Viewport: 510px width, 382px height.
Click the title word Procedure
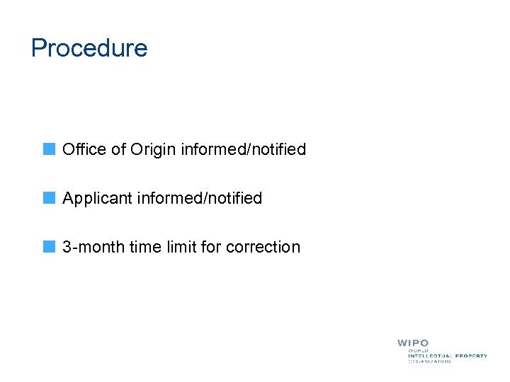pyautogui.click(x=89, y=48)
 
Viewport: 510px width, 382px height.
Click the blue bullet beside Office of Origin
pyautogui.click(x=48, y=149)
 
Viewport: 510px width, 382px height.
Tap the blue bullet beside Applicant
pyautogui.click(x=48, y=198)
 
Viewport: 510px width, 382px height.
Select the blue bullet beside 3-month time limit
pyautogui.click(x=48, y=247)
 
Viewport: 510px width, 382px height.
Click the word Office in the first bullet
pyautogui.click(x=83, y=149)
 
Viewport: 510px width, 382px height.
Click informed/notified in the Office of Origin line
pyautogui.click(x=244, y=149)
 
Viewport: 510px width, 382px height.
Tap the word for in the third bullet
pyautogui.click(x=210, y=247)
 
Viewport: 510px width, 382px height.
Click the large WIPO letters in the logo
pyautogui.click(x=413, y=343)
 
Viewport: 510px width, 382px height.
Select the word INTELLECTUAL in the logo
pyautogui.click(x=430, y=356)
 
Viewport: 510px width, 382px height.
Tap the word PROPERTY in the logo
pyautogui.click(x=471, y=356)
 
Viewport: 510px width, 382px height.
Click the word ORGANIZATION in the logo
pyautogui.click(x=429, y=361)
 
